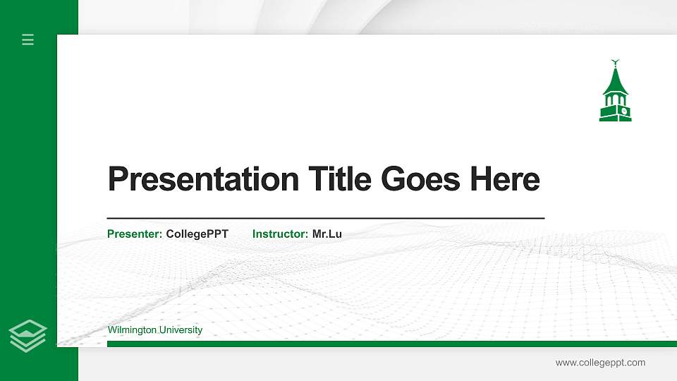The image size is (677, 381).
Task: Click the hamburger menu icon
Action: coord(28,40)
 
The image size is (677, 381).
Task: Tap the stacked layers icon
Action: coord(28,335)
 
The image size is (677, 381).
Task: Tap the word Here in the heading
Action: coord(505,179)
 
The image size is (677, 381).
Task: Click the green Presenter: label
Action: coord(135,234)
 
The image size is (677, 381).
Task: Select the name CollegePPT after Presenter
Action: coord(197,234)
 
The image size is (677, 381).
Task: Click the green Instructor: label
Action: coord(280,234)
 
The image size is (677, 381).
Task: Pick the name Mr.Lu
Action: coord(327,234)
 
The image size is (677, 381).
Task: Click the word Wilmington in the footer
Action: coord(133,330)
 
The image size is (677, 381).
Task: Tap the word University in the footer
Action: coord(182,330)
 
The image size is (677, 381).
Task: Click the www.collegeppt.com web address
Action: coord(600,363)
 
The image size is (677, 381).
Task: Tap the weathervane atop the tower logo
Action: coord(616,62)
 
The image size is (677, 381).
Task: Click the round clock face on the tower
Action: coord(623,111)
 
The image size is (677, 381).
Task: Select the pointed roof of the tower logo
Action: coord(615,81)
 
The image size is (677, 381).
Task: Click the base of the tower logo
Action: coord(616,118)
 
